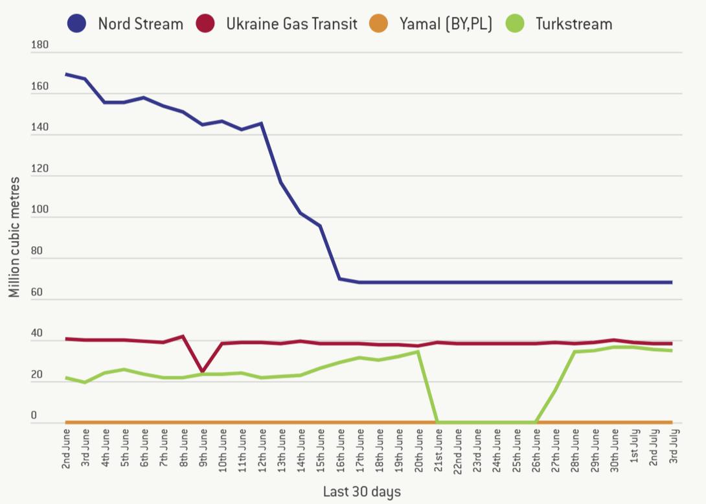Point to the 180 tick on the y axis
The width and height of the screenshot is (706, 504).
[x=40, y=45]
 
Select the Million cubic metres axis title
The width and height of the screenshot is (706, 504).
[x=14, y=237]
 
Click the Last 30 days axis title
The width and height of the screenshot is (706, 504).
[x=362, y=492]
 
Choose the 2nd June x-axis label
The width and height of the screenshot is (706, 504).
[x=67, y=448]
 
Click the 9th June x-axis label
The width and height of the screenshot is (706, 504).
[x=203, y=448]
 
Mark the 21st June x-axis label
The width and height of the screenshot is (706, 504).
[x=438, y=448]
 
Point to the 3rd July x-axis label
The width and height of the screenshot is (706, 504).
[x=672, y=448]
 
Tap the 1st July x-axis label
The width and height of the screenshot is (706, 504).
[x=633, y=448]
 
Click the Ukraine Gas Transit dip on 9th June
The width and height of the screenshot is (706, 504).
[x=203, y=372]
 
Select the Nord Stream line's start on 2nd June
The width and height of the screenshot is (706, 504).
[x=67, y=74]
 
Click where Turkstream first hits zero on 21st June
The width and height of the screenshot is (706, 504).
[x=438, y=422]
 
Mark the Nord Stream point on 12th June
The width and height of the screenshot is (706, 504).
[x=262, y=123]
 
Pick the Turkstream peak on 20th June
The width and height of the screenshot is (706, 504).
[x=419, y=351]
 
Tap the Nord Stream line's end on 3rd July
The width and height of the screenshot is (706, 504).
[x=672, y=282]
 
